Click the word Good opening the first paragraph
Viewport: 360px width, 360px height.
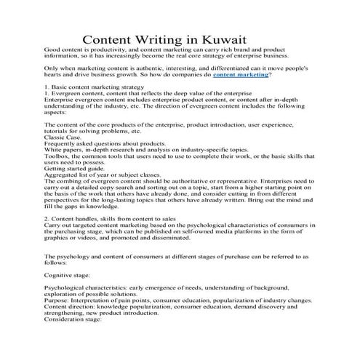coord(52,48)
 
